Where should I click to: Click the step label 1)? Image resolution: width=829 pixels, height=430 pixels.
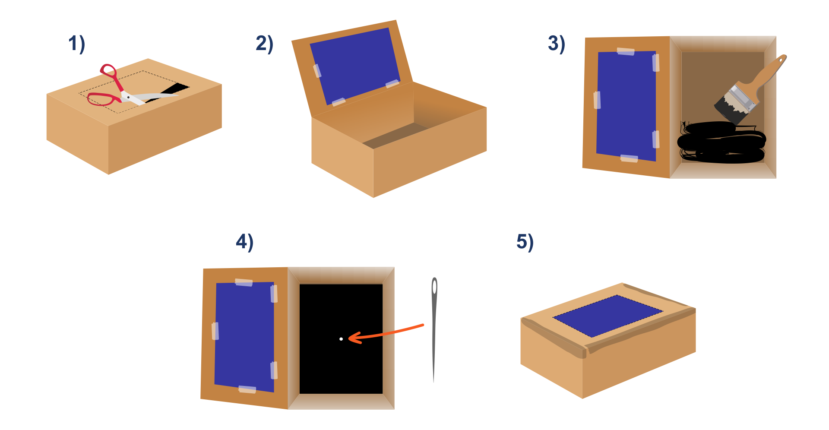(77, 44)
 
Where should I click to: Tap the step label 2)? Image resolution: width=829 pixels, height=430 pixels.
(264, 44)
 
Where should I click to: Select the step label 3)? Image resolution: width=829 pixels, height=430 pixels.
(557, 44)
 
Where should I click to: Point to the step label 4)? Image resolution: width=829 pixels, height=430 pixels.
(244, 242)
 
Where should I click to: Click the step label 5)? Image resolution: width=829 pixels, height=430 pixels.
(525, 242)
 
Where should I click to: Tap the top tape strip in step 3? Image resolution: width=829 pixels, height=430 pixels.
(626, 51)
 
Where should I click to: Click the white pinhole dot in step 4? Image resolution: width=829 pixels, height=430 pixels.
(341, 339)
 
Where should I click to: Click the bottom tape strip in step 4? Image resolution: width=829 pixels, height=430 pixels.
(247, 389)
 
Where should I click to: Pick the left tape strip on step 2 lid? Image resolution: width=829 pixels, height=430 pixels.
(317, 70)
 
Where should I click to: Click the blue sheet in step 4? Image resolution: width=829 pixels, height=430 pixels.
(244, 337)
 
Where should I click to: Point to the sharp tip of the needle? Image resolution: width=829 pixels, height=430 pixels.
(433, 381)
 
